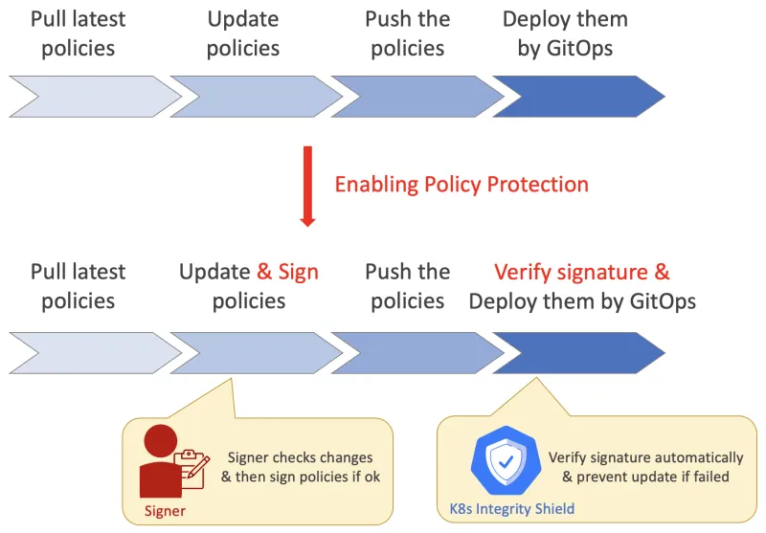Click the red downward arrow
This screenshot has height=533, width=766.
pyautogui.click(x=307, y=186)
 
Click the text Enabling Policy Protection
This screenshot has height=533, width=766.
pyautogui.click(x=462, y=184)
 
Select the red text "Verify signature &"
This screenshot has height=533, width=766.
pyautogui.click(x=581, y=272)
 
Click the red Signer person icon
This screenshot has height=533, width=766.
pyautogui.click(x=158, y=461)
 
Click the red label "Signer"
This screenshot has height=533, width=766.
pyautogui.click(x=165, y=511)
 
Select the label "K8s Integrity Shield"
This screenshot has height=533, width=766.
pyautogui.click(x=512, y=509)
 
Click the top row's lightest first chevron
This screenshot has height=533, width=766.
pyautogui.click(x=91, y=97)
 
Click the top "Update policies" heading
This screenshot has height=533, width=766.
pyautogui.click(x=243, y=33)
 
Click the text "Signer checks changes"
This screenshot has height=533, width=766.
pyautogui.click(x=300, y=457)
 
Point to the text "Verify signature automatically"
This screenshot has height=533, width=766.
pyautogui.click(x=645, y=457)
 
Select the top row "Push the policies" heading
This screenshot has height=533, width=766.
pyautogui.click(x=407, y=33)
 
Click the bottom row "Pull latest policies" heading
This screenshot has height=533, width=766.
pyautogui.click(x=79, y=286)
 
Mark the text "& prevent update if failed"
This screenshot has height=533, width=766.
pyautogui.click(x=639, y=477)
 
